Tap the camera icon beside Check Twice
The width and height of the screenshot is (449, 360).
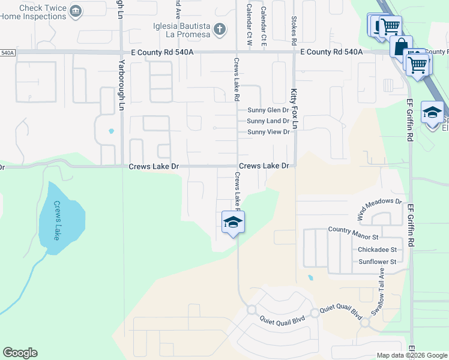(x=76, y=11)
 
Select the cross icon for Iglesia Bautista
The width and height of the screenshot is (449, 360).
(x=220, y=28)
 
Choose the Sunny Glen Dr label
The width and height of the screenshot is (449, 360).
(x=268, y=110)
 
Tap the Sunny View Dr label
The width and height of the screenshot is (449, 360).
(x=268, y=132)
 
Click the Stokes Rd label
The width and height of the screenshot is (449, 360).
(x=294, y=31)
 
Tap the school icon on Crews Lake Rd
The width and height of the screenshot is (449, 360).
(x=232, y=223)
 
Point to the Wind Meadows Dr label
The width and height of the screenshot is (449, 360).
(x=379, y=208)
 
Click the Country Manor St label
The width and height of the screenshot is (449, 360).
(x=357, y=229)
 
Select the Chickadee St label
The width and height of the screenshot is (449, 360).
(x=378, y=249)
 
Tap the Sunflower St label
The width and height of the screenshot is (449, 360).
(x=378, y=262)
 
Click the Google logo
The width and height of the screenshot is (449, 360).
(x=20, y=353)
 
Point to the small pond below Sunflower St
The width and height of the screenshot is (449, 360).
(x=310, y=278)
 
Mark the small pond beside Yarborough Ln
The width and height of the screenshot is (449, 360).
(x=111, y=131)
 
